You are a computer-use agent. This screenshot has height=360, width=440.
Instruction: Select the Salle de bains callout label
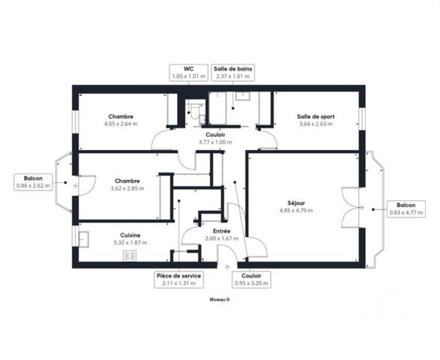coord(233,73)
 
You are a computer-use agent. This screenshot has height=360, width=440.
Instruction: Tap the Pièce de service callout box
coord(179,280)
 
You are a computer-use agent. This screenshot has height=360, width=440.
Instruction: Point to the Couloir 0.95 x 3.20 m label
coord(252,280)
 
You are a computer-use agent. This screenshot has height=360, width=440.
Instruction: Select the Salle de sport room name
coord(316,116)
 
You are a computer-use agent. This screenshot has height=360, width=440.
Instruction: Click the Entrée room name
coord(221,231)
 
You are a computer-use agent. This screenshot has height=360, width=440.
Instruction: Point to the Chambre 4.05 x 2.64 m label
coord(120,116)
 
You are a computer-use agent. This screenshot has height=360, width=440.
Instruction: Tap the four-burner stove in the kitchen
coord(129,256)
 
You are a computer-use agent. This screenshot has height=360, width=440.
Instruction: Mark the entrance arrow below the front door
coord(227,265)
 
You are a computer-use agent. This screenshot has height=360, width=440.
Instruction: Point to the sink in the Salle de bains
coord(244,96)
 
